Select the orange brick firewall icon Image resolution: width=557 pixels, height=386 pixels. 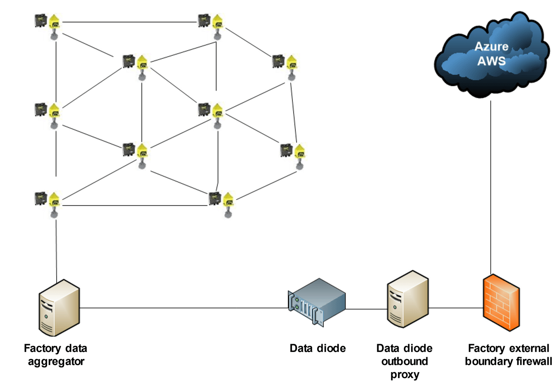501,302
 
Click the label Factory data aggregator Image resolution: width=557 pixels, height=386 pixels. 55,355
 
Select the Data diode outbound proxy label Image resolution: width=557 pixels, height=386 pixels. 404,361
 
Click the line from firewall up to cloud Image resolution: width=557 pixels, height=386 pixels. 490,187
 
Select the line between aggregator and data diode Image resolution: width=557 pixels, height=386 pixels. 183,308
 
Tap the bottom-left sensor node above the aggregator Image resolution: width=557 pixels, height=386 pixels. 48,201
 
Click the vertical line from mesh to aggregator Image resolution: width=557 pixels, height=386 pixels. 57,248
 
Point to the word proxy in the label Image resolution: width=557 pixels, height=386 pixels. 404,374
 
